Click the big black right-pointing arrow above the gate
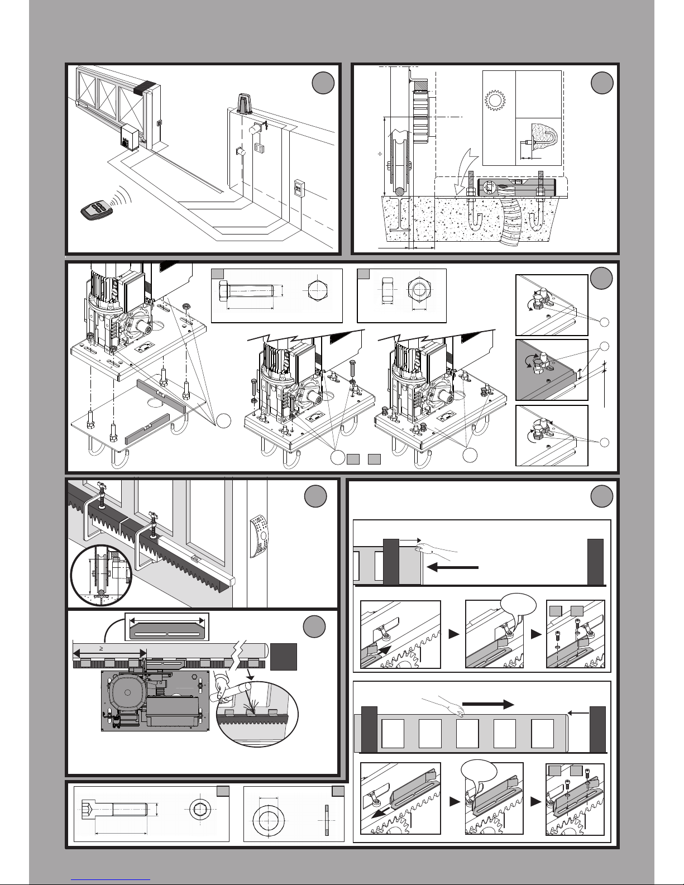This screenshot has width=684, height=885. [x=489, y=704]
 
